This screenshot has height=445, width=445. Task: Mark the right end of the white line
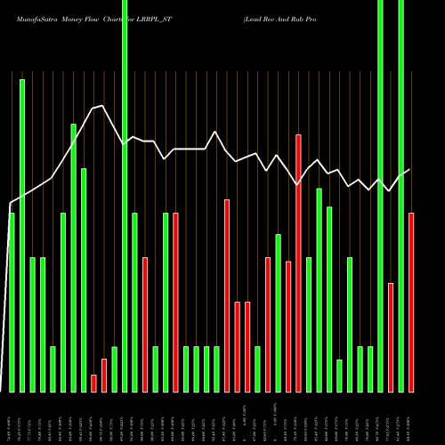(x=409, y=169)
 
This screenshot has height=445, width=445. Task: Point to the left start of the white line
(x=10, y=203)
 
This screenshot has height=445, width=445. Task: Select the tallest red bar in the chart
(x=298, y=263)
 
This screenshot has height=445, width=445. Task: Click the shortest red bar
(x=93, y=383)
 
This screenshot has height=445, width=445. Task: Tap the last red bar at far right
(x=411, y=302)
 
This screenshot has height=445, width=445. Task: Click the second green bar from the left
(x=22, y=235)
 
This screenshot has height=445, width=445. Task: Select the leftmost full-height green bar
(x=125, y=196)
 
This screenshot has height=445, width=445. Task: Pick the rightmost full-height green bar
(x=400, y=196)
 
